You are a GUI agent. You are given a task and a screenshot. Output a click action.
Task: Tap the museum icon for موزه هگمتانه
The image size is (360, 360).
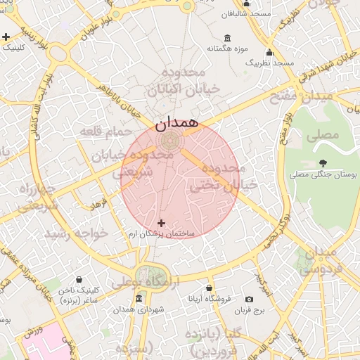click(x=227, y=38)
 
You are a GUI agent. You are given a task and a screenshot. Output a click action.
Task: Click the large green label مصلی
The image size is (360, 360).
click(x=323, y=134)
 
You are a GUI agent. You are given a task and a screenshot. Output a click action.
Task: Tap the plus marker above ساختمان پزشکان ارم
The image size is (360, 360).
click(x=162, y=223)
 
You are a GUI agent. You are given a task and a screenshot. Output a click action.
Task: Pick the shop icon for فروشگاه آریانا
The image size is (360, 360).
click(x=210, y=288)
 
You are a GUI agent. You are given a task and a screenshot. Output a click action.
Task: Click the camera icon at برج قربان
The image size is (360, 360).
click(x=249, y=300)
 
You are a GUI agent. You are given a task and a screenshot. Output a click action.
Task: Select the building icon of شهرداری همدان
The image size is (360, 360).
click(x=138, y=299)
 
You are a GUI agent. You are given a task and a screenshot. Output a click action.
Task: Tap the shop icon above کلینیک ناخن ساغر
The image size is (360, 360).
click(x=79, y=279)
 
